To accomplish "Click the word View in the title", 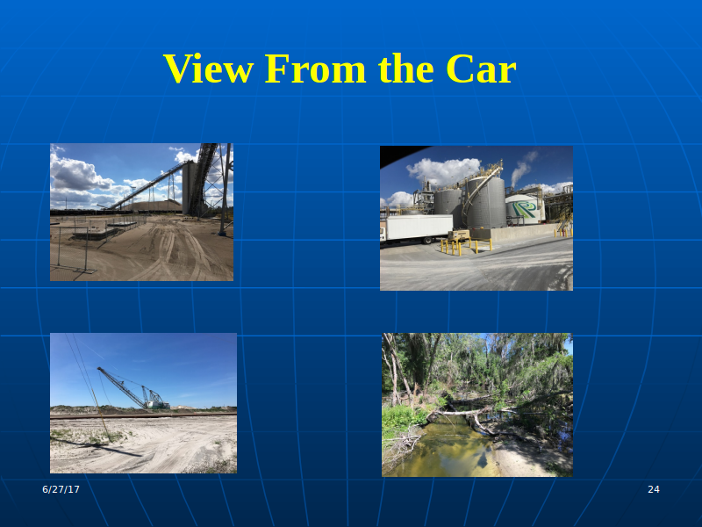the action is point(209,69).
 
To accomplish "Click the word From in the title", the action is point(315,69).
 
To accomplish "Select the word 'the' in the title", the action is point(405,69).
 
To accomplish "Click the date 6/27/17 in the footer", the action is point(61,489).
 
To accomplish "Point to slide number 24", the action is point(654,489).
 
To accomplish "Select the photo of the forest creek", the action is point(477,405).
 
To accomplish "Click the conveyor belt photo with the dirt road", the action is point(141,212).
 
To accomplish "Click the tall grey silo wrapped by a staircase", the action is point(486,203).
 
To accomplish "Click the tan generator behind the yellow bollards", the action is point(459,235).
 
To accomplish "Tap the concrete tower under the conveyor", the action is point(190,188).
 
